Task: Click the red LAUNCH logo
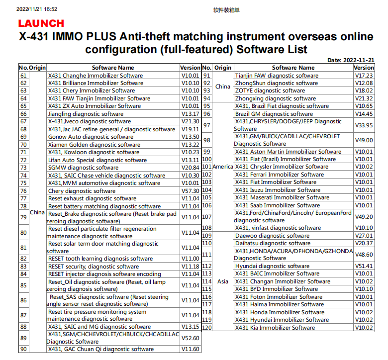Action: (41, 23)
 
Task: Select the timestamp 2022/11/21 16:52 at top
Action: (37, 9)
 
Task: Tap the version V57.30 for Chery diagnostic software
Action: (190, 191)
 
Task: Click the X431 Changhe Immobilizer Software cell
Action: (95, 76)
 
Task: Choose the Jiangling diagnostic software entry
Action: (86, 114)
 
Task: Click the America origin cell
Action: (223, 167)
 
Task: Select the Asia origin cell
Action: (223, 281)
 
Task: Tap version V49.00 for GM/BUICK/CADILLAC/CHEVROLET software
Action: (364, 140)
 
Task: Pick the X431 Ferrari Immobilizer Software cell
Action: (280, 175)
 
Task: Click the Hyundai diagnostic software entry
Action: (272, 266)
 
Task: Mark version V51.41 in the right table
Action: (364, 266)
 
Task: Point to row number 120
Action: (207, 328)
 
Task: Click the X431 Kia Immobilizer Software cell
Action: (275, 328)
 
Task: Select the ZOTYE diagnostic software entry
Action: (270, 91)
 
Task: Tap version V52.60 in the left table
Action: (190, 338)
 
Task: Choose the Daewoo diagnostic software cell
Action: (272, 236)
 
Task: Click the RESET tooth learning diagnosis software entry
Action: (100, 259)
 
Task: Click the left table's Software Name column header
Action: (113, 68)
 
